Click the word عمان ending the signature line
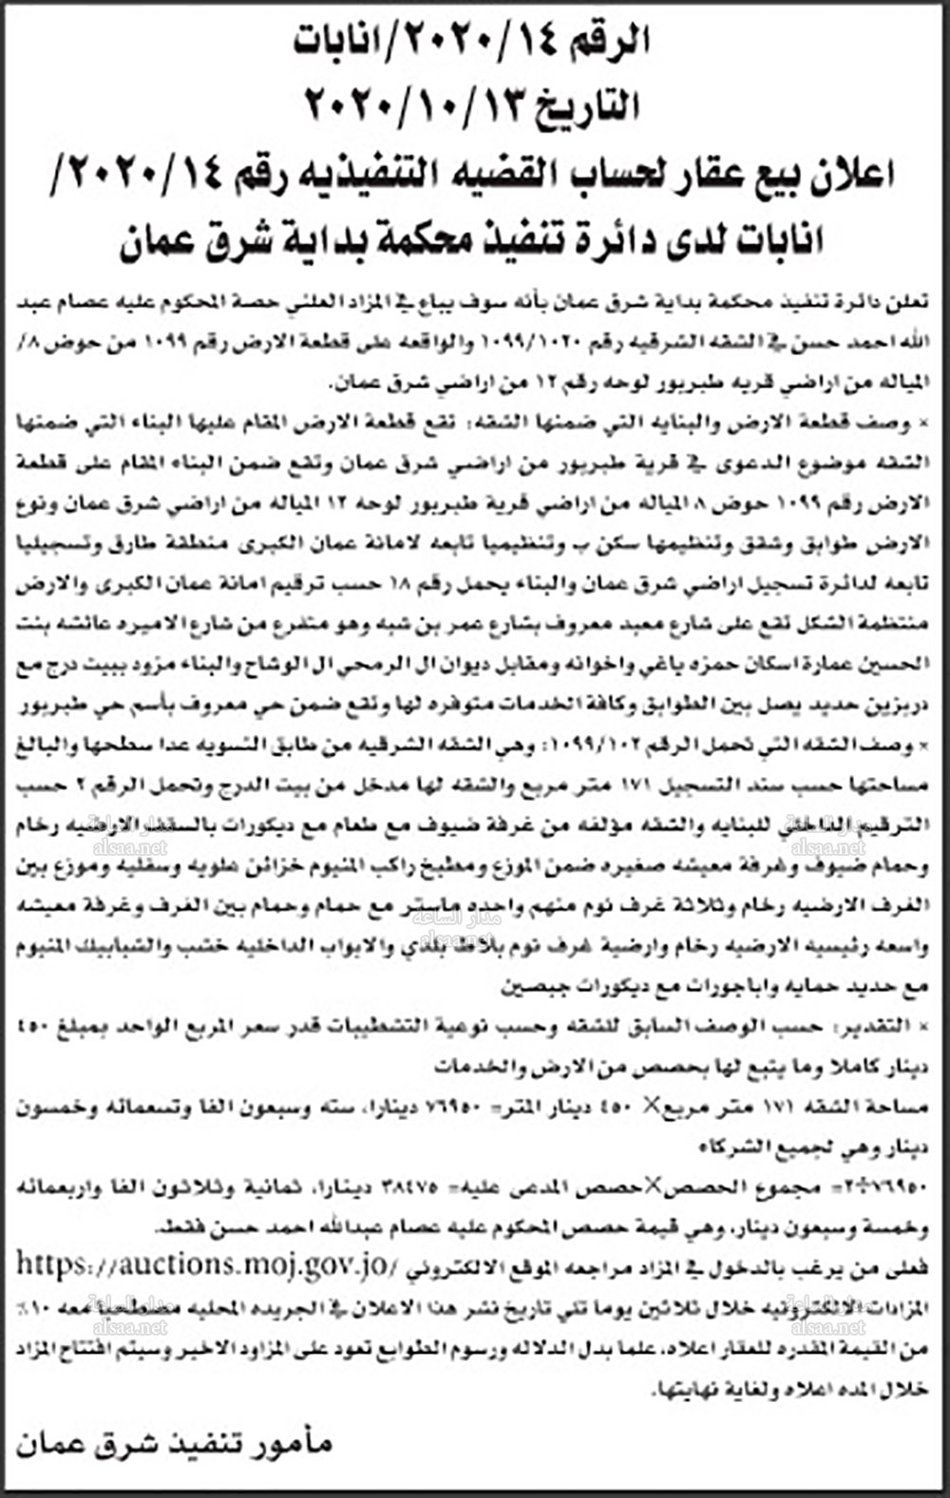coord(47,1445)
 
